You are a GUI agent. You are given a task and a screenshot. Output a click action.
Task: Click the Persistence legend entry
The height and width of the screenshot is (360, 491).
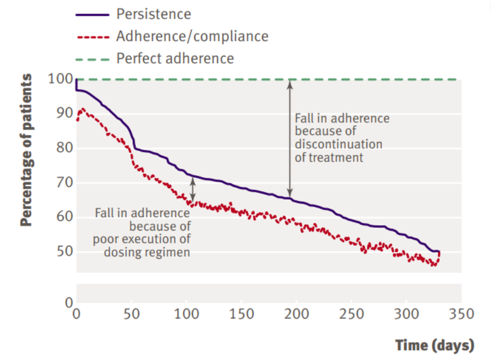[x=153, y=14]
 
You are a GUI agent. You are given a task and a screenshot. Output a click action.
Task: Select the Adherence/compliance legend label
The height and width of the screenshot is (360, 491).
[x=192, y=36]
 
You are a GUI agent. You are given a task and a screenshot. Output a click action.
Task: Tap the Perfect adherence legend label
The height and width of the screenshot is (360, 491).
[x=175, y=58]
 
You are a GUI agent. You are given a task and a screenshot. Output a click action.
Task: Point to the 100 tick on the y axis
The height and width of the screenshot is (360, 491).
[x=63, y=79]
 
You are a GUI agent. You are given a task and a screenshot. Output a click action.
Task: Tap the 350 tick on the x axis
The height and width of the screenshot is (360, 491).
[x=462, y=313]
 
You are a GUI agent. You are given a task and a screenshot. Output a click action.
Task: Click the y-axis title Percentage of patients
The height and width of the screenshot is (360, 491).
[x=26, y=150]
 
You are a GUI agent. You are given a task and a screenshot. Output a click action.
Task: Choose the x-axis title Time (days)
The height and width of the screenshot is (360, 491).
[x=434, y=345]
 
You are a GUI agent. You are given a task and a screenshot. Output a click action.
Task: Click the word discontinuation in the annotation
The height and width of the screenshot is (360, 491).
[x=338, y=144]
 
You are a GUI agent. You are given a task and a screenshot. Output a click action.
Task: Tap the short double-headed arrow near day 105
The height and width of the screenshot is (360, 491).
[x=193, y=190]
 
